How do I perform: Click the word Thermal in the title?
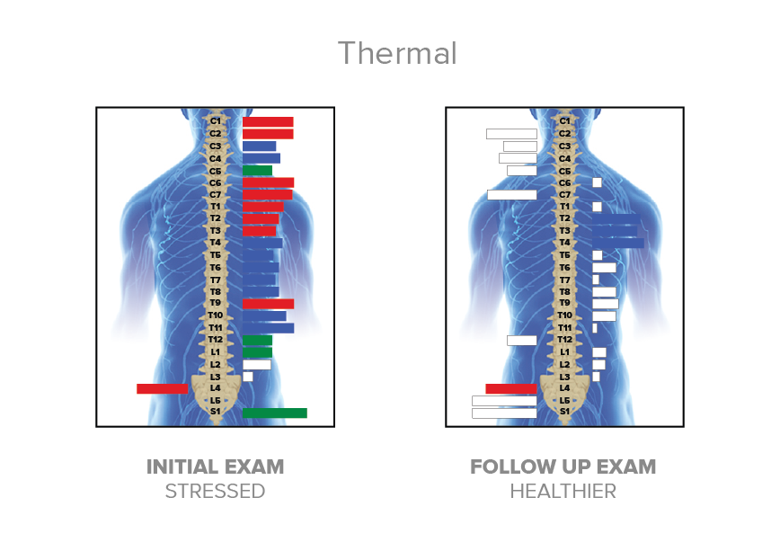click(x=397, y=54)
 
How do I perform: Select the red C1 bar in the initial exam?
click(x=268, y=121)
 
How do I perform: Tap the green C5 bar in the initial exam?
click(x=257, y=170)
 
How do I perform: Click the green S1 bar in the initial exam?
click(x=274, y=413)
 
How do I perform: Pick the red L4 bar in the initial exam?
click(x=162, y=388)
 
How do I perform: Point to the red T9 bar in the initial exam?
click(x=268, y=304)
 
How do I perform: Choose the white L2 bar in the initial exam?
click(x=256, y=365)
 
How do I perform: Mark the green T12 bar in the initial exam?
click(x=257, y=341)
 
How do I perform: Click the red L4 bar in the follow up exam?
click(x=510, y=388)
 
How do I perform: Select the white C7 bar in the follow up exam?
click(x=511, y=194)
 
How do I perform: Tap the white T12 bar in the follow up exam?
click(x=521, y=341)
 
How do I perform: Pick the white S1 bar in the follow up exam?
click(x=504, y=413)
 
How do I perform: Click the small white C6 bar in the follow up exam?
click(x=597, y=182)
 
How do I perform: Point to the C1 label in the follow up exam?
click(x=564, y=120)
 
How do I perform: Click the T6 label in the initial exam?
click(x=216, y=267)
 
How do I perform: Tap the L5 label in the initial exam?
click(x=216, y=400)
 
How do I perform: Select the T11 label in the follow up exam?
click(x=564, y=328)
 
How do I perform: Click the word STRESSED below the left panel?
click(x=215, y=492)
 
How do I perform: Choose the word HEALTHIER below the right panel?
click(x=563, y=492)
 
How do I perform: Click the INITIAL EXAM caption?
click(x=215, y=467)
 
